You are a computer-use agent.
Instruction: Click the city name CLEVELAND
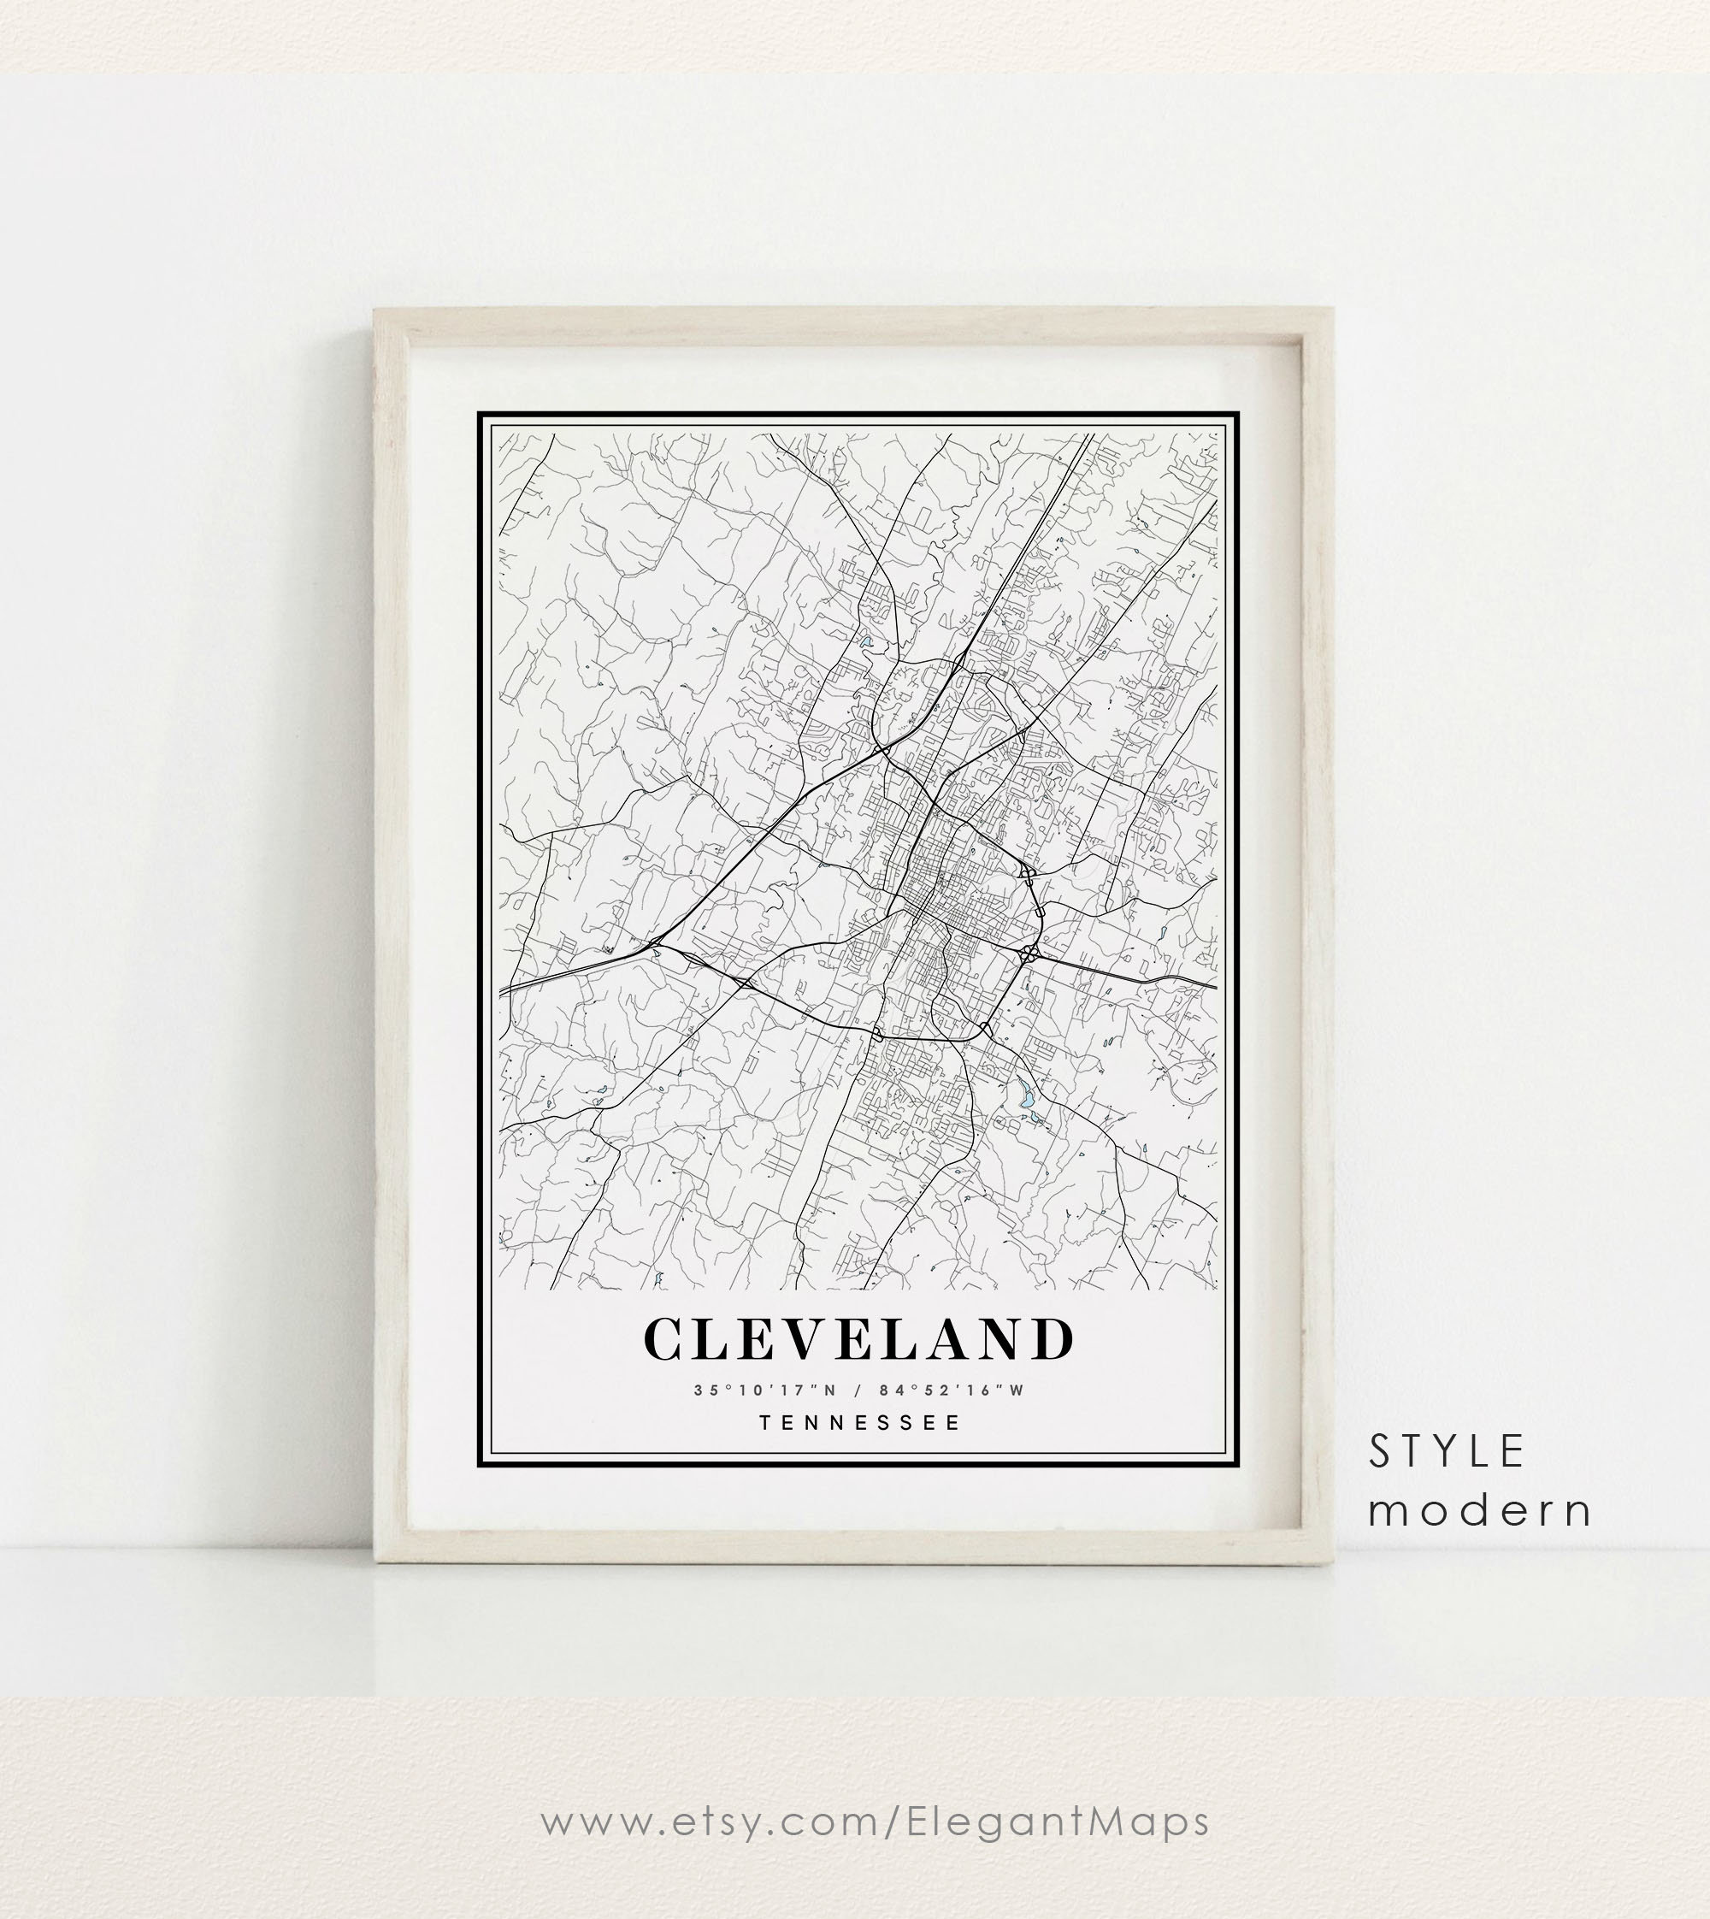858,1339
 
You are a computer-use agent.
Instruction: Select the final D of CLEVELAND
1053,1340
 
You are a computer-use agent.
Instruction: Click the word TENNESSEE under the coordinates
859,1423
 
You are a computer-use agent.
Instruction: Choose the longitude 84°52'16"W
952,1391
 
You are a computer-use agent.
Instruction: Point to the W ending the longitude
1017,1391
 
